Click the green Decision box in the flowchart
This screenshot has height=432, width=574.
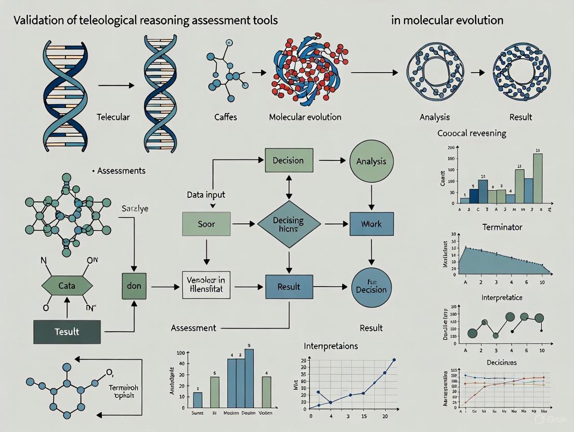pyautogui.click(x=288, y=160)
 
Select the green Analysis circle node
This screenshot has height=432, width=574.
pyautogui.click(x=371, y=161)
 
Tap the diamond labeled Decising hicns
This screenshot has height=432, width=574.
pyautogui.click(x=289, y=224)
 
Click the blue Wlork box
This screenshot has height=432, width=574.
pyautogui.click(x=371, y=224)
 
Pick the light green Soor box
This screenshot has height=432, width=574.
pyautogui.click(x=206, y=224)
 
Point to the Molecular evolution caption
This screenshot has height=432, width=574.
pyautogui.click(x=305, y=117)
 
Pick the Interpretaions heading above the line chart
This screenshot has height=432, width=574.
pyautogui.click(x=331, y=346)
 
